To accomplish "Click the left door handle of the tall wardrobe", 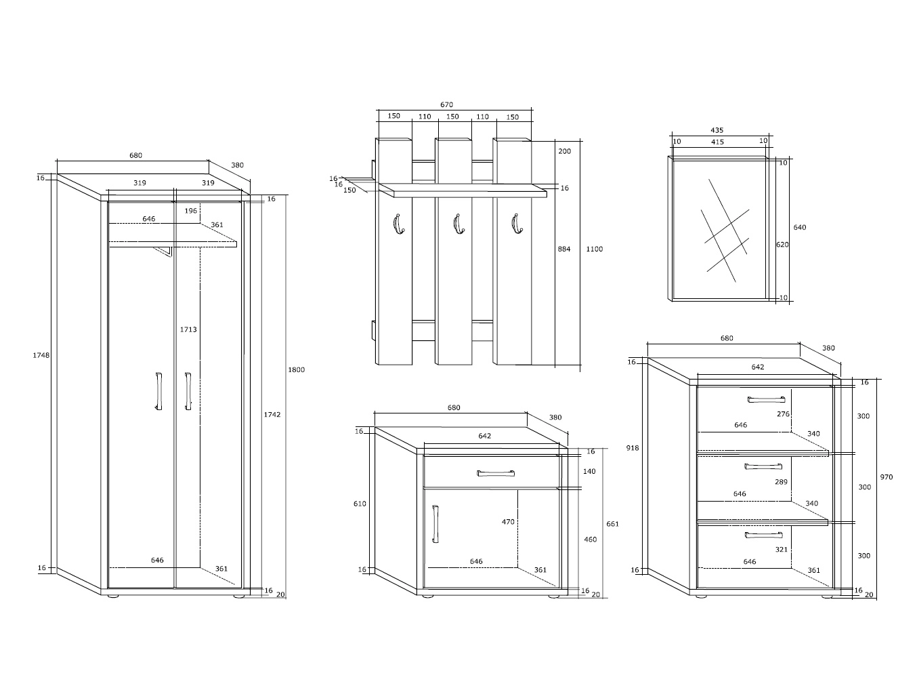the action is click(x=158, y=391).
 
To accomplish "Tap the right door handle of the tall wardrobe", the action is click(x=188, y=391).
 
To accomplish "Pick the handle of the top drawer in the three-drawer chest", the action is click(x=766, y=400).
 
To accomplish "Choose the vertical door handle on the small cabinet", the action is click(x=435, y=524).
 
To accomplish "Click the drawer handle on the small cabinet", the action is click(x=496, y=473).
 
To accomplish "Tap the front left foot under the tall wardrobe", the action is click(x=113, y=596).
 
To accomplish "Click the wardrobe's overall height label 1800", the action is click(x=296, y=369).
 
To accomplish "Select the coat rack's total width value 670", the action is click(x=446, y=104).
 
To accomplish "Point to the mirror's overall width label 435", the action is click(x=717, y=130).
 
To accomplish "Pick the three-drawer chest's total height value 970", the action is click(x=886, y=477).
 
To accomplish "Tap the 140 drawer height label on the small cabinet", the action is click(x=589, y=472).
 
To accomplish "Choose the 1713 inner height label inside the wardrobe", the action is click(x=188, y=329).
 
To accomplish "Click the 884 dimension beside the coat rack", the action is click(x=564, y=249).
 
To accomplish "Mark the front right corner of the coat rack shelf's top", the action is click(x=547, y=193).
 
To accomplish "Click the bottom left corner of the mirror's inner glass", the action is click(x=673, y=298).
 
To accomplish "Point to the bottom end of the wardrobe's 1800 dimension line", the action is click(x=286, y=599).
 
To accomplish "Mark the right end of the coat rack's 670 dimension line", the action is click(x=532, y=110).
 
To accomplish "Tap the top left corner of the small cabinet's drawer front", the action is click(x=423, y=456).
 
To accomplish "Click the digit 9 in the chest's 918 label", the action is click(x=628, y=448).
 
